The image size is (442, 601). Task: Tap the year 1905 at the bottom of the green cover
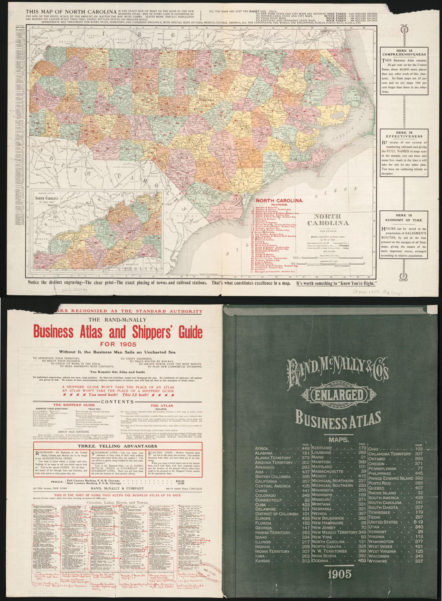340,574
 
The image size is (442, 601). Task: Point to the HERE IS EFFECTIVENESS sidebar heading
404,135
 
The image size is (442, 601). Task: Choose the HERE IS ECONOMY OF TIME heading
404,217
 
